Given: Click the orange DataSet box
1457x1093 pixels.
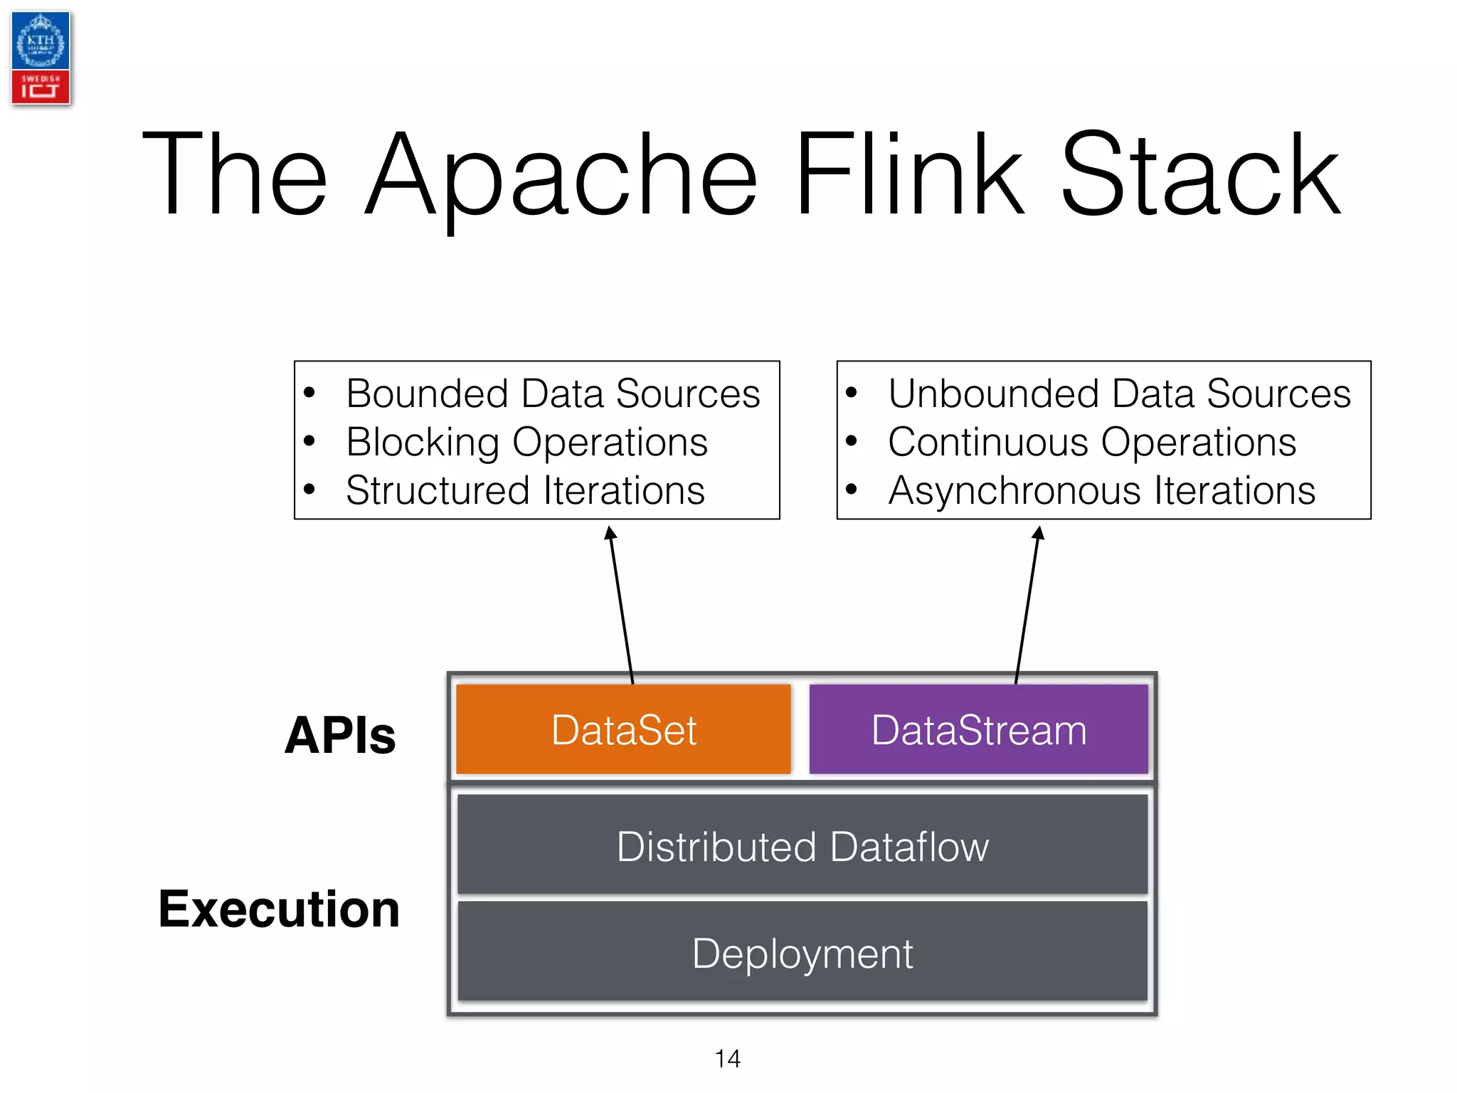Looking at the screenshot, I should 623,729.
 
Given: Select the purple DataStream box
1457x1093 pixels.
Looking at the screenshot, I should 978,729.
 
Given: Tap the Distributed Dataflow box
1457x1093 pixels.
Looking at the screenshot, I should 802,845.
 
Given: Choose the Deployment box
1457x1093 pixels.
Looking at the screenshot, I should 802,952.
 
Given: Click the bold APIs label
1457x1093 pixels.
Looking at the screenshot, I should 340,735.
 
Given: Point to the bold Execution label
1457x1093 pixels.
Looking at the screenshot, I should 279,909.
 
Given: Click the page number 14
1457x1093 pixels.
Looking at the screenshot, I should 727,1058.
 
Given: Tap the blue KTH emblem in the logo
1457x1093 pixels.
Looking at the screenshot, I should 41,41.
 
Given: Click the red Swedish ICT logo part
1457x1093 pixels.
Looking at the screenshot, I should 41,87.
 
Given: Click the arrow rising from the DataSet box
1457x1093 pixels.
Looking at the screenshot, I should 621,605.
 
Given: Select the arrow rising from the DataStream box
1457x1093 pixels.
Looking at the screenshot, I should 1027,605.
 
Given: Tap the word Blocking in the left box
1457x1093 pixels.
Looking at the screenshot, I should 423,443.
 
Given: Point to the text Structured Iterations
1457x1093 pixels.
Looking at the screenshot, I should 525,490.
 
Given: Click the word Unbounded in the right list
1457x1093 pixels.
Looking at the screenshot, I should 993,394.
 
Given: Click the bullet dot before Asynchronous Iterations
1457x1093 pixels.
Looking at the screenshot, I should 852,489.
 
